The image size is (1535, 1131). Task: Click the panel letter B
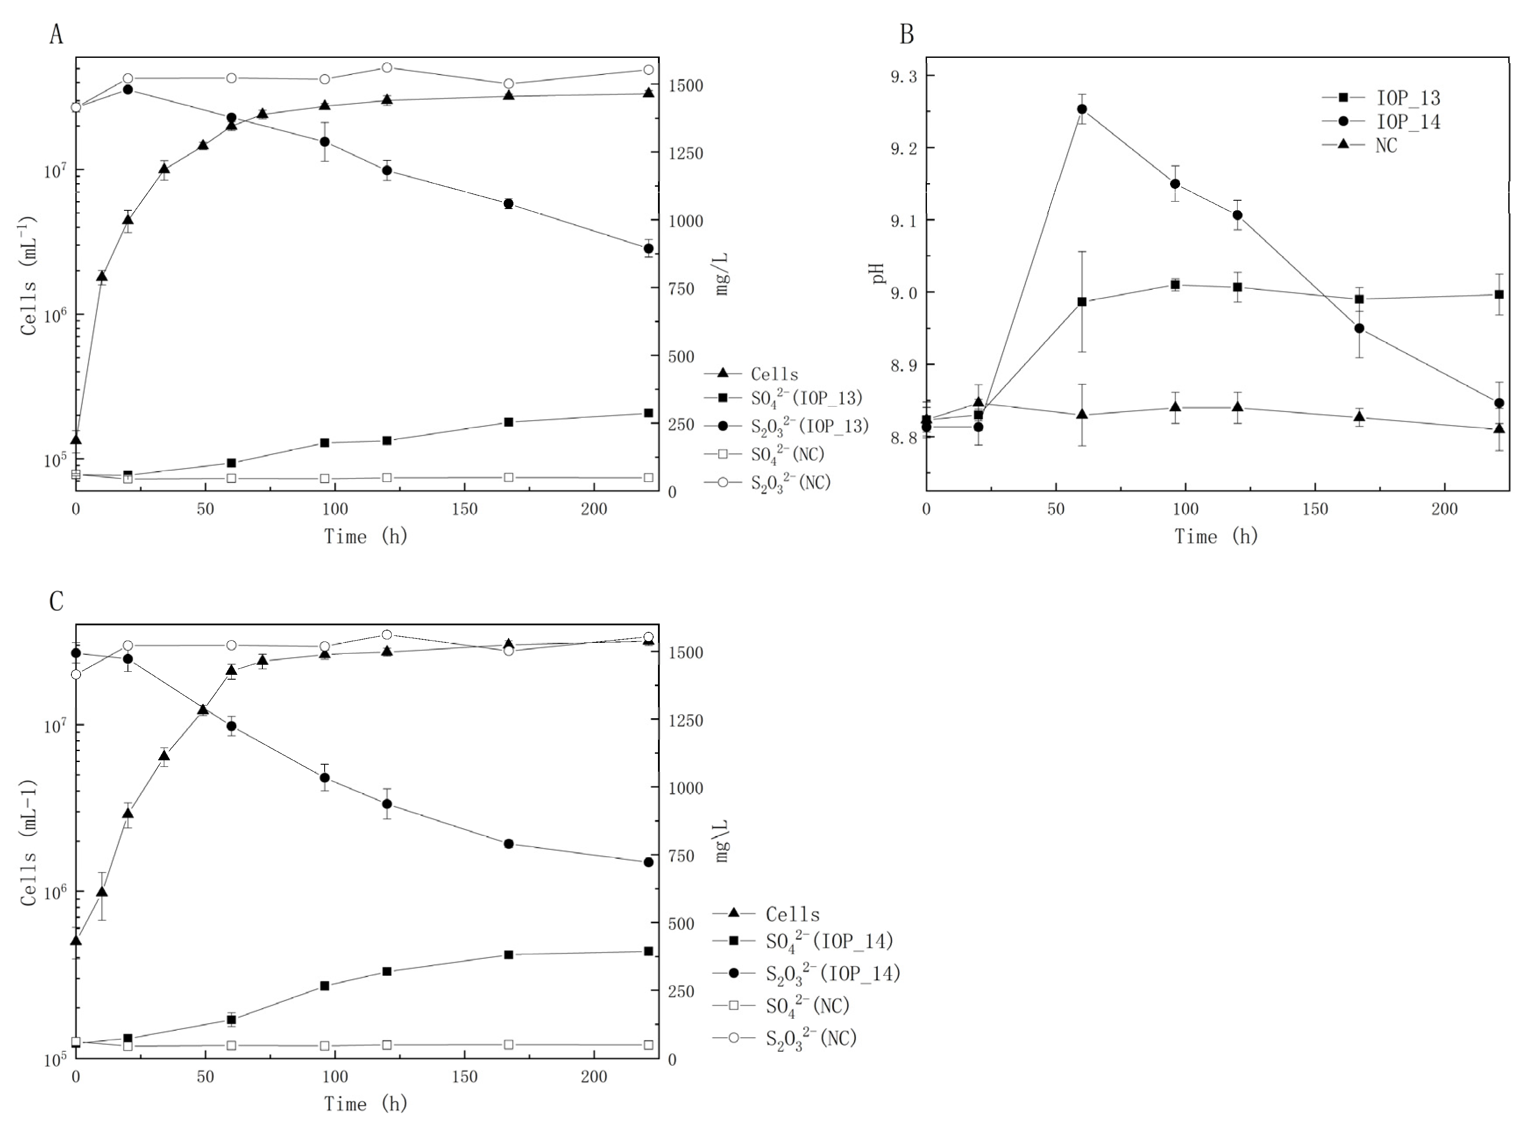pos(907,34)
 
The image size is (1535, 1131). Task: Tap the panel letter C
pos(56,601)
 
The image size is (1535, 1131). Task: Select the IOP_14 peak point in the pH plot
pos(1082,109)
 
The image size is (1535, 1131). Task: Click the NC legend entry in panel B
pos(1386,145)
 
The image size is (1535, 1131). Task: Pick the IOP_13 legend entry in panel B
pos(1408,98)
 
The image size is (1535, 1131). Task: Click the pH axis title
pos(879,274)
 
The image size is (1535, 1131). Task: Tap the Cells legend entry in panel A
pos(774,374)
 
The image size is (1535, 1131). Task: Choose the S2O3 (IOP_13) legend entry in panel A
pos(809,426)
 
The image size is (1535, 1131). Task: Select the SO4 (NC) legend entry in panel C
pos(807,1006)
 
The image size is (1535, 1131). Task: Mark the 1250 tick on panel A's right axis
pos(686,153)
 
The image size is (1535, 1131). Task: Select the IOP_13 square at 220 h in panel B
pos(1499,294)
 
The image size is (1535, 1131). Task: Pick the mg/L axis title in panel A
pos(722,274)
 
